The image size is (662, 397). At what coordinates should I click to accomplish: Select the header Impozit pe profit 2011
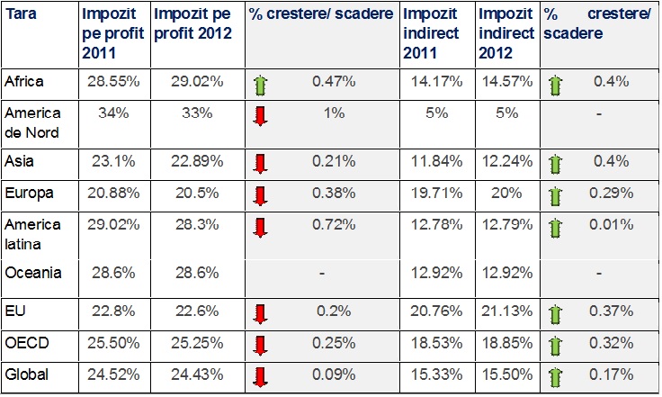point(110,33)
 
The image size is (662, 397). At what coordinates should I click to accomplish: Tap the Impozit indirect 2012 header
point(506,34)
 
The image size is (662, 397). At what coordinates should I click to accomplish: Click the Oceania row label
point(32,272)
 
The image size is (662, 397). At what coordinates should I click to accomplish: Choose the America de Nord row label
point(33,122)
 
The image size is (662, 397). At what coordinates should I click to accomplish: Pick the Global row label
point(26,374)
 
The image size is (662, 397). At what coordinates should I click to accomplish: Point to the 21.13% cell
point(506,311)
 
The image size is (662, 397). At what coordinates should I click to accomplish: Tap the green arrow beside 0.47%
point(261,86)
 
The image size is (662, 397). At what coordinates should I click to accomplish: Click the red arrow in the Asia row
point(261,164)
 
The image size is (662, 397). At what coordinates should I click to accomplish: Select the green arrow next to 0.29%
point(555,196)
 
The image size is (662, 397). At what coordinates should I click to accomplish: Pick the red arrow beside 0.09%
point(261,376)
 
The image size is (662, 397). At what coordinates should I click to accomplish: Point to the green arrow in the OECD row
point(555,346)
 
